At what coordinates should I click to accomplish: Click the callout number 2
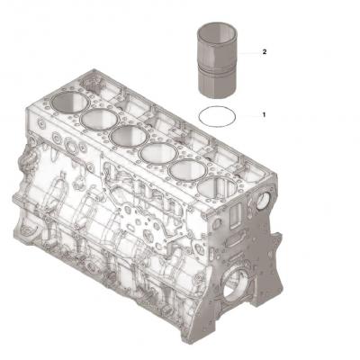[x=264, y=53]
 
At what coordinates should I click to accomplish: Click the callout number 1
[x=264, y=115]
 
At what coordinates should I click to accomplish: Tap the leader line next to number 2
[x=247, y=53]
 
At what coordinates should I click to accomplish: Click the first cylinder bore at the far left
[x=67, y=102]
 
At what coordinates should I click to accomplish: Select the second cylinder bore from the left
[x=96, y=117]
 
